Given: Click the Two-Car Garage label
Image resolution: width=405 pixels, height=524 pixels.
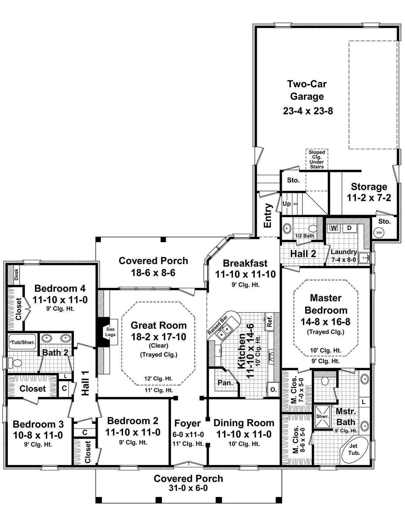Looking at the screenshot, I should tap(307, 90).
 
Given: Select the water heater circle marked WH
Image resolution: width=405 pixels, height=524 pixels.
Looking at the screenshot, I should tap(379, 232).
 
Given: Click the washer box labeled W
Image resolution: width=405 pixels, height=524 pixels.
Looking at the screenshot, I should tap(334, 228).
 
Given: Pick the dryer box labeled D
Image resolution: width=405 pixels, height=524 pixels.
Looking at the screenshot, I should tap(350, 228).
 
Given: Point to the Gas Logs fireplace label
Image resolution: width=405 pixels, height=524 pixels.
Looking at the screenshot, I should tap(111, 332).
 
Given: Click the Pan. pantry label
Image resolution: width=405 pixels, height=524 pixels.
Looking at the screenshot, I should tap(224, 383).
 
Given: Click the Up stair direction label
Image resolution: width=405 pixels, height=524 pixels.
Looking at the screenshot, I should tap(287, 204).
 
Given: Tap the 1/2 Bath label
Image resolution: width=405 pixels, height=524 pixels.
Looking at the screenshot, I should tap(304, 236).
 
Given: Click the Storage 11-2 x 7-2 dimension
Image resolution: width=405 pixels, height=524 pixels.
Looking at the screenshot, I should tap(369, 198).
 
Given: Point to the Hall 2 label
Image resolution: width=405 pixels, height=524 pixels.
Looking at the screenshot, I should tap(303, 254).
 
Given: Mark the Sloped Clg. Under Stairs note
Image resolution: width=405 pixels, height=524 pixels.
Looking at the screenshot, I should tap(317, 160).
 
